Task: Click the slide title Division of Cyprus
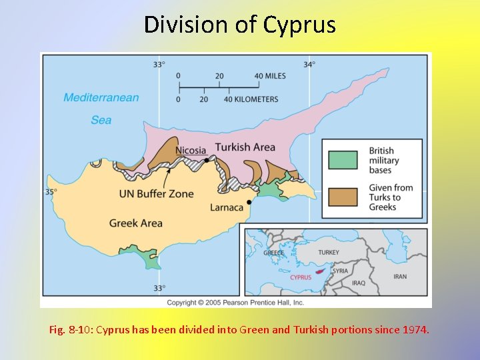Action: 240,25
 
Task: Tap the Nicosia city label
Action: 191,150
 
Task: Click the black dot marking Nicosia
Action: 207,160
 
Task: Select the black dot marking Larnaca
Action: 249,201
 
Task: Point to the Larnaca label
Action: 227,207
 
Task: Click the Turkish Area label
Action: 245,147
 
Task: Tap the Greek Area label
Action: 135,223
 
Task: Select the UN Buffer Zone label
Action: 156,194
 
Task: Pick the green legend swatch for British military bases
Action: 343,161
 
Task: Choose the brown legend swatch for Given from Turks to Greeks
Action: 343,197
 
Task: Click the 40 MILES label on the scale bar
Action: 270,76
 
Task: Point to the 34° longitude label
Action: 309,65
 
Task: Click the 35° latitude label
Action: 51,191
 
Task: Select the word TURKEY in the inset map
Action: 328,253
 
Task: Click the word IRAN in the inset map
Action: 400,277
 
